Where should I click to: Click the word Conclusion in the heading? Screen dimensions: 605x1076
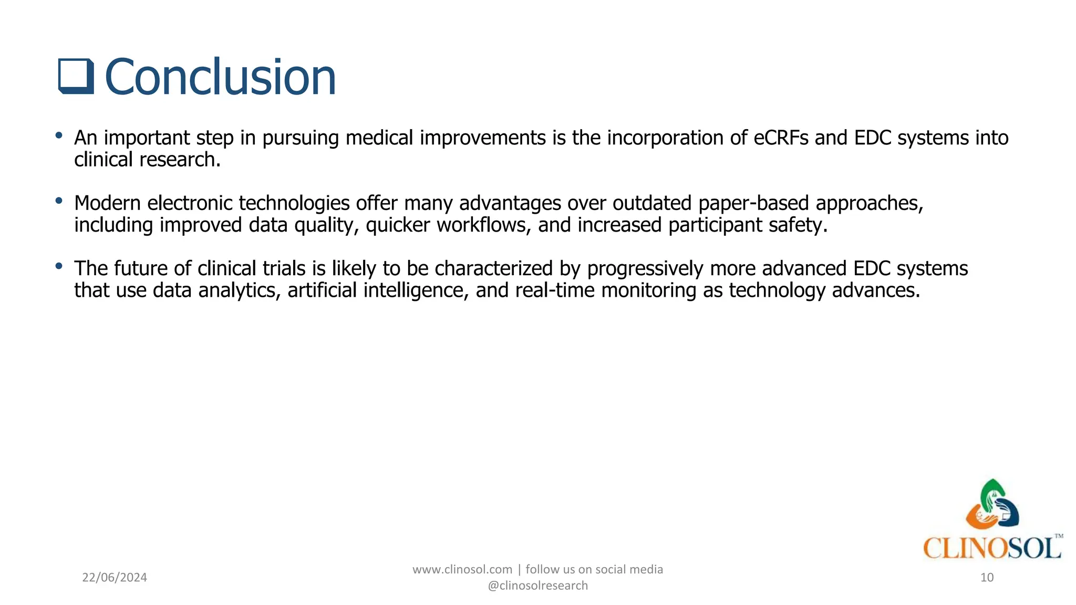tap(220, 77)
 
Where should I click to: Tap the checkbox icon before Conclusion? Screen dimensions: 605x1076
tap(76, 77)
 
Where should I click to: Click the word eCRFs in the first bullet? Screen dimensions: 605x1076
tap(781, 138)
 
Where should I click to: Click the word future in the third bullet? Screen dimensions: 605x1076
tap(141, 268)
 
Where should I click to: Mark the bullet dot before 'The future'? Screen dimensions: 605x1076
tap(59, 266)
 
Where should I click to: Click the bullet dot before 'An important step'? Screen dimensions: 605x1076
tap(59, 136)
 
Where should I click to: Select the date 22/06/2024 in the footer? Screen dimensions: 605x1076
tap(115, 577)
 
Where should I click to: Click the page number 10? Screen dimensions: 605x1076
tap(987, 577)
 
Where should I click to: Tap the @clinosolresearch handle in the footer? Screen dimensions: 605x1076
tap(537, 586)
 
